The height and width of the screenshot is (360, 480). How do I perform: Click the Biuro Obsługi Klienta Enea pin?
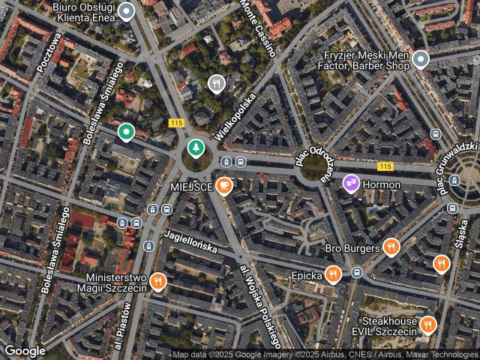pos(127,11)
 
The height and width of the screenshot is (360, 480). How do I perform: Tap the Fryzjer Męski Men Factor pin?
pos(421,59)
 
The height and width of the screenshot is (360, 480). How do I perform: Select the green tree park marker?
pos(195,148)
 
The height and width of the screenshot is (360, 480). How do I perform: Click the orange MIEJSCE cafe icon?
pos(223,184)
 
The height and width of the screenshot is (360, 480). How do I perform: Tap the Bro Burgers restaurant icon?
pos(391,247)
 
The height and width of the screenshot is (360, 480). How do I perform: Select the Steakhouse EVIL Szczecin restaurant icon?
pos(428,325)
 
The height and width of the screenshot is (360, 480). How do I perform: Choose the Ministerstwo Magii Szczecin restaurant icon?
pos(157,282)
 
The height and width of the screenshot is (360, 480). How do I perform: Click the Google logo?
pos(25,350)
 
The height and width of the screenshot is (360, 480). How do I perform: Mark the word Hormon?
pos(381,184)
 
